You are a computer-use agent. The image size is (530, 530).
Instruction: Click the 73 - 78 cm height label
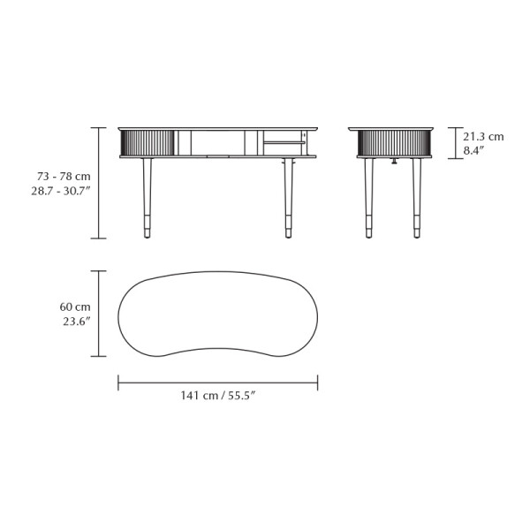click(x=64, y=177)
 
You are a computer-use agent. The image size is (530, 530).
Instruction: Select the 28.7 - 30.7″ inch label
click(x=61, y=192)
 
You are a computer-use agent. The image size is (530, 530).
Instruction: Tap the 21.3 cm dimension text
click(x=483, y=137)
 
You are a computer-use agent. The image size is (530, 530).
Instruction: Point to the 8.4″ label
click(x=473, y=151)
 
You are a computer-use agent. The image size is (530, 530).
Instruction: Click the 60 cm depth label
click(x=75, y=307)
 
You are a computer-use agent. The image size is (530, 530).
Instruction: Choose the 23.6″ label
click(x=77, y=322)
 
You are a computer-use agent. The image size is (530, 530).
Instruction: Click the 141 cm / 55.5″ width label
click(x=217, y=396)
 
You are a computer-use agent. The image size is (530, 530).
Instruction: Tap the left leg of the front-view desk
click(x=147, y=198)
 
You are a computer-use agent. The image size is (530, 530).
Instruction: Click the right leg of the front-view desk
click(x=288, y=198)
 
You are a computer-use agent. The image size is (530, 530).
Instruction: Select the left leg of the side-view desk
click(x=368, y=198)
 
